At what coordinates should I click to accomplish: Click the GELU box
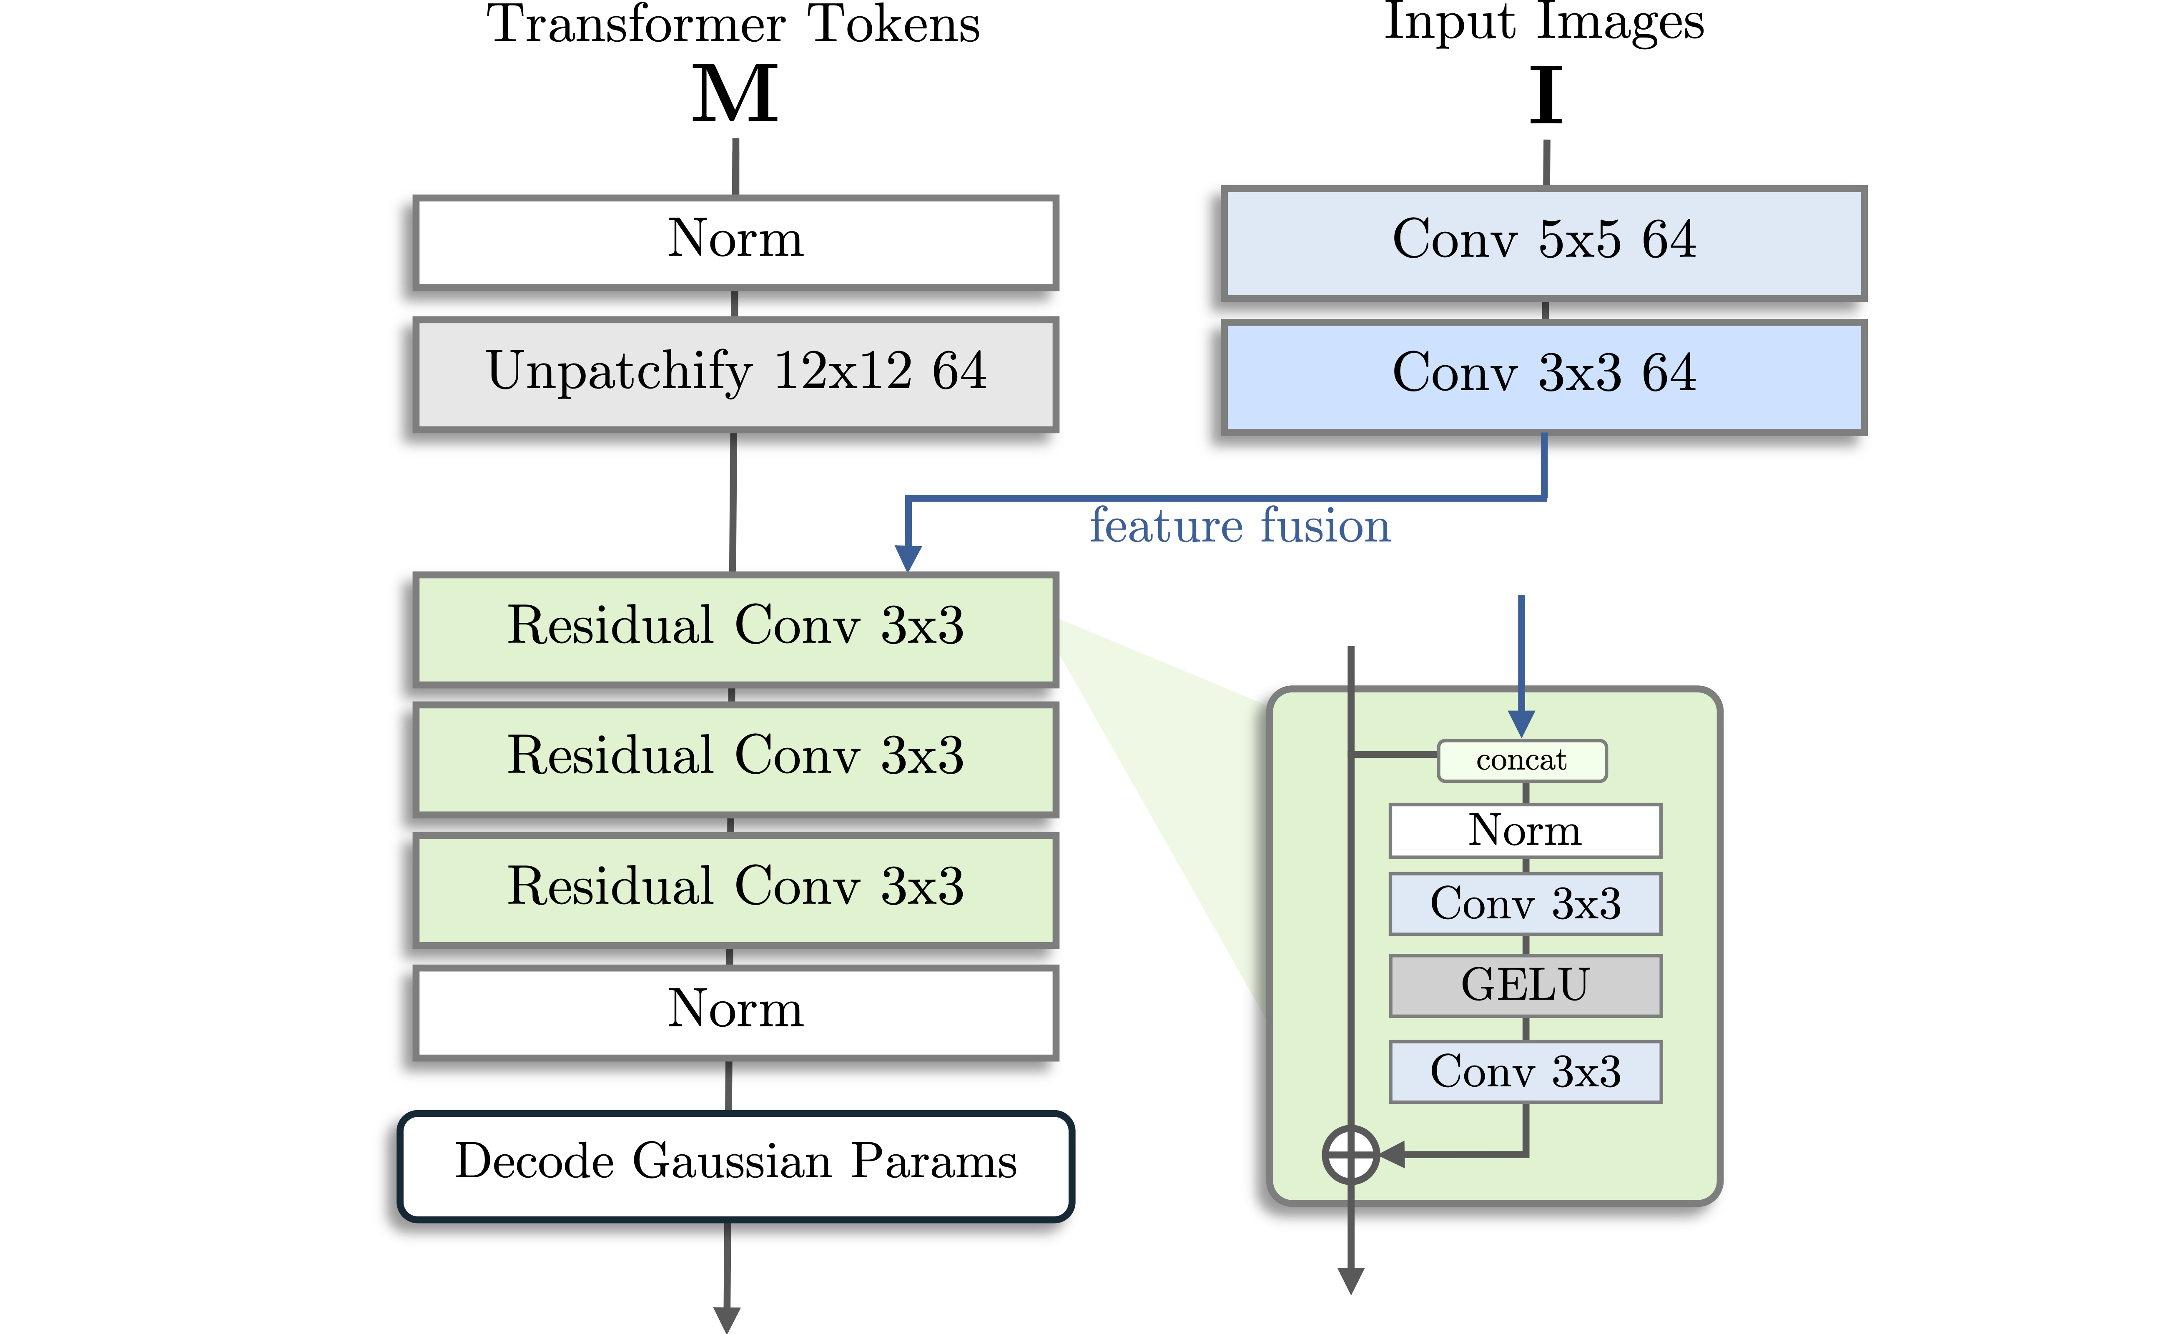click(1525, 985)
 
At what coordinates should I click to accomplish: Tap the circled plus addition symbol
click(1350, 1154)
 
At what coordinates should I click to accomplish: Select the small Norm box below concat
click(1525, 830)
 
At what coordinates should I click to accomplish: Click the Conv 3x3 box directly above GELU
click(1525, 903)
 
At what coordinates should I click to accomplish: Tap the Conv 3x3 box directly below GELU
click(1525, 1071)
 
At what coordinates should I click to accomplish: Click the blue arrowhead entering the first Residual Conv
click(908, 558)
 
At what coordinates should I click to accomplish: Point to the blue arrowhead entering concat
click(1521, 723)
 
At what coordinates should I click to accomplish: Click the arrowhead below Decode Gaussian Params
click(726, 1318)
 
